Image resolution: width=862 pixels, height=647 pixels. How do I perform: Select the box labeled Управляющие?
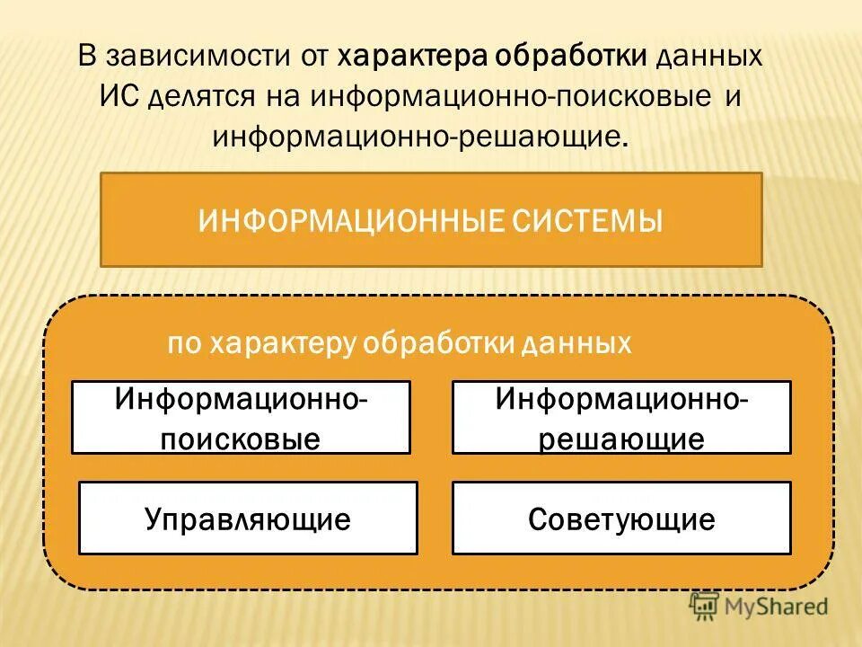pyautogui.click(x=248, y=518)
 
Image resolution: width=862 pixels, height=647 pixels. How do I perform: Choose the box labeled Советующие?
pyautogui.click(x=621, y=518)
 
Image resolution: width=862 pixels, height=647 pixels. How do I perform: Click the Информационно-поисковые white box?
pyautogui.click(x=241, y=417)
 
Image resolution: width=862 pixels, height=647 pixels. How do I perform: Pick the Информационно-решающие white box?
pyautogui.click(x=621, y=417)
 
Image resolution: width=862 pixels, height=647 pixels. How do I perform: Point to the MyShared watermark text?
pyautogui.click(x=776, y=607)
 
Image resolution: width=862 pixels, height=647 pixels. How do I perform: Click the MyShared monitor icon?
pyautogui.click(x=705, y=606)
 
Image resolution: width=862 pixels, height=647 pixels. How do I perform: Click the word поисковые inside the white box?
pyautogui.click(x=241, y=439)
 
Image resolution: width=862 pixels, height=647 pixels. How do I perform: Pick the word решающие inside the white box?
pyautogui.click(x=621, y=439)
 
